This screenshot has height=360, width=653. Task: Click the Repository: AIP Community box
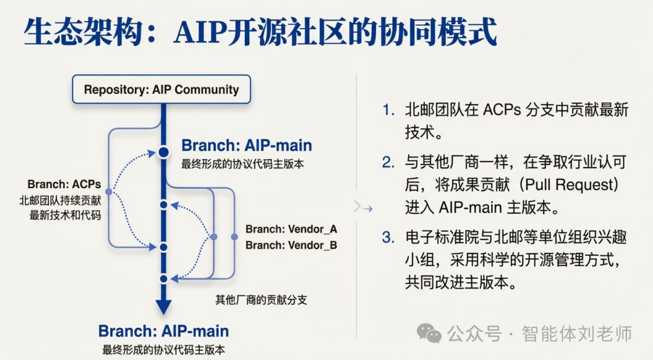point(161,90)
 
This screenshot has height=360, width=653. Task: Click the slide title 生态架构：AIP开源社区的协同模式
point(261,31)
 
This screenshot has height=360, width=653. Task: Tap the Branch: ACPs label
point(64,184)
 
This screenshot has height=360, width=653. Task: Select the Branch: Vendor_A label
point(291,229)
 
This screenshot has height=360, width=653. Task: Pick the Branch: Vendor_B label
point(291,245)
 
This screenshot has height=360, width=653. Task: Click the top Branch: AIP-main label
point(247,146)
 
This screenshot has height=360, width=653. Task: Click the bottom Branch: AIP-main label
point(164,331)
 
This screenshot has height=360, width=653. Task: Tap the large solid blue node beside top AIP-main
point(163,152)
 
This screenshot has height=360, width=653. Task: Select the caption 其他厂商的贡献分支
point(261,299)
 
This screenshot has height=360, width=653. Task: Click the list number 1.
point(388,110)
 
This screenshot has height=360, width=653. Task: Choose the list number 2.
point(388,162)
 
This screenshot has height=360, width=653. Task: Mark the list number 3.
point(388,237)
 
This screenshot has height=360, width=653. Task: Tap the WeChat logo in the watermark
point(430,333)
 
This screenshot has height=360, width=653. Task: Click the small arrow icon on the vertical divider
point(363,208)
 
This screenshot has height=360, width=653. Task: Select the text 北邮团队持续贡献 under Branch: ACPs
point(60,200)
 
